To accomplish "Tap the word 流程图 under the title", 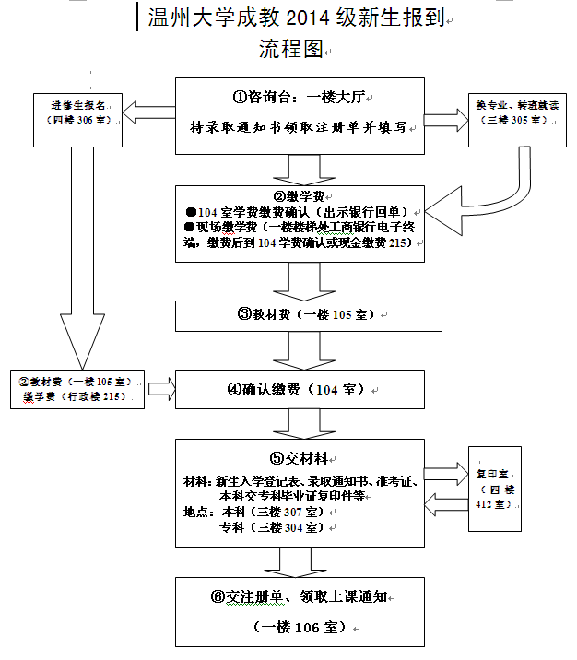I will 290,50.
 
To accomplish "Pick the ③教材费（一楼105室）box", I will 300,315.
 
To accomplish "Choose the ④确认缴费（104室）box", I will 300,390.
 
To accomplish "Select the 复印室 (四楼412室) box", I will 494,488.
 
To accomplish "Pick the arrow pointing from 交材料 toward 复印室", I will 447,472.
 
